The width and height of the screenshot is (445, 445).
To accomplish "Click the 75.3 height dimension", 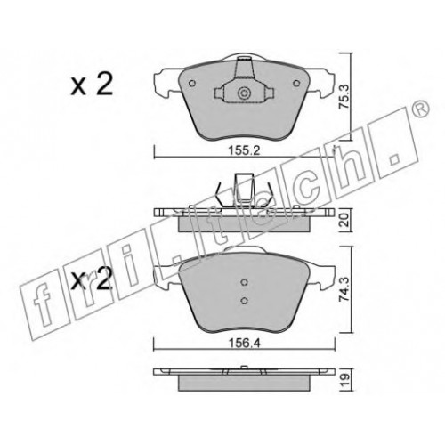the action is (344, 96).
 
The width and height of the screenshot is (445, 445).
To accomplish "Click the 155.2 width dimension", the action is (244, 150).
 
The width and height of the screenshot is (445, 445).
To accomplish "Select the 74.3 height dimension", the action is (345, 289).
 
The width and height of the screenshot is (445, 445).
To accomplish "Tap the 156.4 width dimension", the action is (244, 344).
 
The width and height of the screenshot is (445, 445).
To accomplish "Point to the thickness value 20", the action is (344, 220).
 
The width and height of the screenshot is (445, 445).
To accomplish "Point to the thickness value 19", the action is (345, 380).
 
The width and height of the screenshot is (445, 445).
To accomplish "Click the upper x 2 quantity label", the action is (92, 84).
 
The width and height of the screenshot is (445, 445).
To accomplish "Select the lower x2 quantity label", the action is (92, 279).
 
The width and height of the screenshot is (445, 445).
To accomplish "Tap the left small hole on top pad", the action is (192, 84).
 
